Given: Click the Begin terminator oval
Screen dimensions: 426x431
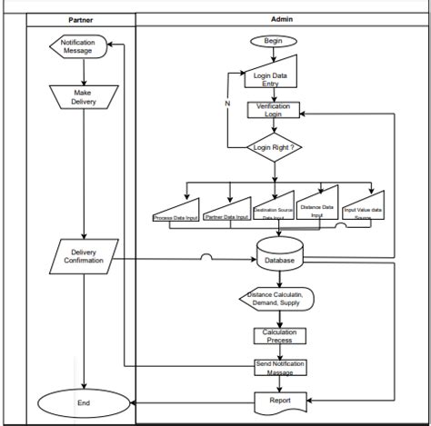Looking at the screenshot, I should pyautogui.click(x=274, y=41).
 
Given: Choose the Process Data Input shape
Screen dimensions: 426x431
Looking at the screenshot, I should pyautogui.click(x=175, y=213).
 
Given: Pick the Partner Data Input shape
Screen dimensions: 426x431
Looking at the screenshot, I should pyautogui.click(x=226, y=212).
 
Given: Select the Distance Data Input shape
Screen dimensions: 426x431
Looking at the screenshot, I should pyautogui.click(x=318, y=206).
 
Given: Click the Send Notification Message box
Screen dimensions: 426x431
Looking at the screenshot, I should pyautogui.click(x=279, y=368).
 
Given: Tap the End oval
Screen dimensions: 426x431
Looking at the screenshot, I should pyautogui.click(x=83, y=401).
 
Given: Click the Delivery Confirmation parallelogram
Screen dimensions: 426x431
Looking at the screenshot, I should pyautogui.click(x=83, y=255).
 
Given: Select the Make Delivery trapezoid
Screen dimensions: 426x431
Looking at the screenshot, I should pyautogui.click(x=83, y=96).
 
